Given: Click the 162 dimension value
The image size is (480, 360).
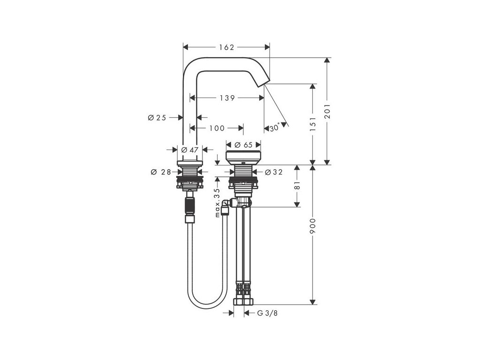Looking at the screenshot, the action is (x=226, y=47).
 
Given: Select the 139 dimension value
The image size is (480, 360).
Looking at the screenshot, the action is (x=227, y=98).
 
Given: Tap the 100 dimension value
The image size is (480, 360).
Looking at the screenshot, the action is (x=217, y=128).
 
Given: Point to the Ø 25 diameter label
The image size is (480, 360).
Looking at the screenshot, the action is (x=157, y=118).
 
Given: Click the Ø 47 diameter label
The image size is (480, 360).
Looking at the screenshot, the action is (x=190, y=150).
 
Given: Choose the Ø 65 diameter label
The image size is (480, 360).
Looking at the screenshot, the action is (x=243, y=145).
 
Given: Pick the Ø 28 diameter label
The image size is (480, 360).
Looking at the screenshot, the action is (x=161, y=172).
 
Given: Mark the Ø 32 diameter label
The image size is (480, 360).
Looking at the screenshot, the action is (x=274, y=172).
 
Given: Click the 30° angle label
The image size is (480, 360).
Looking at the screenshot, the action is (x=275, y=127).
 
